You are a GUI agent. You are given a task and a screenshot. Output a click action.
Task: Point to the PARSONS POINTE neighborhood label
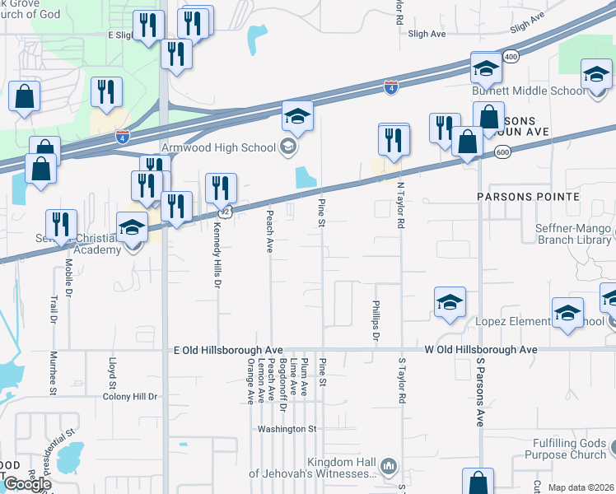click(527, 198)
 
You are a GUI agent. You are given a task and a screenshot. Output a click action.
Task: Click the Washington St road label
click(287, 429)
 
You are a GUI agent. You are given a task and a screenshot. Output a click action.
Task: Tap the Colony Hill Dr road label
click(129, 397)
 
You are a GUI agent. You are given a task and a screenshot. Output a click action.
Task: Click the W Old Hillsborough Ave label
click(481, 350)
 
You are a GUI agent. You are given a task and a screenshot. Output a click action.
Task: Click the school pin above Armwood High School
click(297, 117)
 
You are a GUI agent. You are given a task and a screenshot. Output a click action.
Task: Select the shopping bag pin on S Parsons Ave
click(478, 482)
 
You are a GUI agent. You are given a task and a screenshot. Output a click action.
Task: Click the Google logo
click(26, 483)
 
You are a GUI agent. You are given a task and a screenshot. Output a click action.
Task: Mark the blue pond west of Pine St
click(305, 176)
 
